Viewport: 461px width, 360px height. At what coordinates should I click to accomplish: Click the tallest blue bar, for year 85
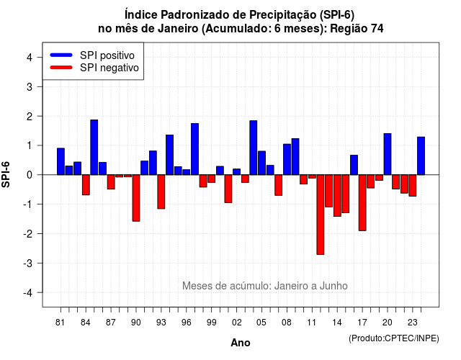(94, 147)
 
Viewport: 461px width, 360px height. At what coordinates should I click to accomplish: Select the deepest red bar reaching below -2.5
(321, 215)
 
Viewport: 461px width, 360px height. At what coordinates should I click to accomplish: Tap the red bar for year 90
(136, 198)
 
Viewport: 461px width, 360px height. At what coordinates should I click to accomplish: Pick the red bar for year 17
(362, 203)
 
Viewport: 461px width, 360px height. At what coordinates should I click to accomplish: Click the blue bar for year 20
(388, 154)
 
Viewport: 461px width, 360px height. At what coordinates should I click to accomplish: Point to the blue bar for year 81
(61, 161)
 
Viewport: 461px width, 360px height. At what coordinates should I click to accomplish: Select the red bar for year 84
(86, 185)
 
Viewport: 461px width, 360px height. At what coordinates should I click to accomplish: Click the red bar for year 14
(337, 195)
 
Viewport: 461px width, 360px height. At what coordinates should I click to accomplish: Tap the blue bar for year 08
(287, 159)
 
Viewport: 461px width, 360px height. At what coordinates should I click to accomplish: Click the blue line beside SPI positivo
(61, 55)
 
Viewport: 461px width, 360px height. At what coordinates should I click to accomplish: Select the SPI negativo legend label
(109, 68)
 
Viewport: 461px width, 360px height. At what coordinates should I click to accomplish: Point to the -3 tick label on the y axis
(28, 263)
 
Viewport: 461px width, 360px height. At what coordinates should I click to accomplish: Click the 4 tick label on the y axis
(30, 57)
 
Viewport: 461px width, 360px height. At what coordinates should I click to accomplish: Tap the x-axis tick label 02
(237, 323)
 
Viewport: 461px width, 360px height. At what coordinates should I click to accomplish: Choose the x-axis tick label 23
(413, 323)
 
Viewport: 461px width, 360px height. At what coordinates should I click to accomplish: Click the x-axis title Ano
(241, 343)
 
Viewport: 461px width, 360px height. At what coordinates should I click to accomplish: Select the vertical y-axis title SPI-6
(6, 174)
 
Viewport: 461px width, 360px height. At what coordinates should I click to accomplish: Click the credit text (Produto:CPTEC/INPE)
(394, 338)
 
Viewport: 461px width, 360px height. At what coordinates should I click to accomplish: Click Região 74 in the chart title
(357, 29)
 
